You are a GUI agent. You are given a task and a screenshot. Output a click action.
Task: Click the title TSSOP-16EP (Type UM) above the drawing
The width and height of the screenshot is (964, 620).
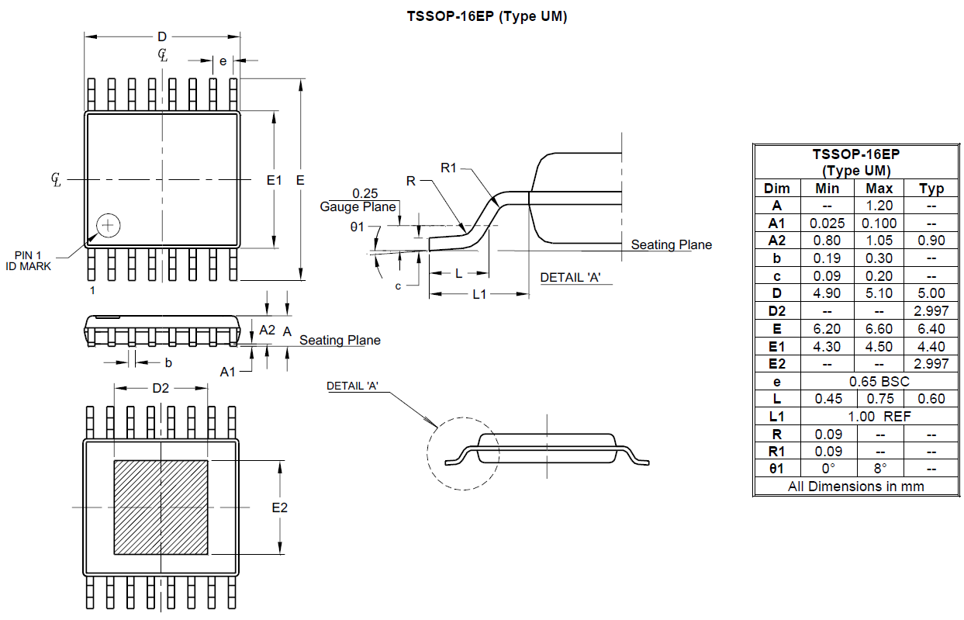pyautogui.click(x=486, y=16)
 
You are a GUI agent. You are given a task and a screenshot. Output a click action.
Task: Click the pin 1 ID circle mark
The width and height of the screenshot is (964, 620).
pyautogui.click(x=108, y=225)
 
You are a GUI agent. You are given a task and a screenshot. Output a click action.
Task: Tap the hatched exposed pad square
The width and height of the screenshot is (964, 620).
pyautogui.click(x=161, y=507)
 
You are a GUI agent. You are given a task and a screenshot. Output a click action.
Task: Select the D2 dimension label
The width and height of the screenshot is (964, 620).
pyautogui.click(x=160, y=388)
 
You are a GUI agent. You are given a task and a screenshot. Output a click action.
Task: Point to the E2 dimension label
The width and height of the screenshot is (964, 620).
pyautogui.click(x=279, y=507)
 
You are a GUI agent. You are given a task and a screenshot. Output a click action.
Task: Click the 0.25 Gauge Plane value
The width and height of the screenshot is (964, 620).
pyautogui.click(x=365, y=192)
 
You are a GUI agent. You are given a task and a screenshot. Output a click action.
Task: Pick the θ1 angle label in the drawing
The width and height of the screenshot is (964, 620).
pyautogui.click(x=357, y=227)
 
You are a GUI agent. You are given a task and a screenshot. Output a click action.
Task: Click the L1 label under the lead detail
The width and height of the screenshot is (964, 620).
pyautogui.click(x=479, y=294)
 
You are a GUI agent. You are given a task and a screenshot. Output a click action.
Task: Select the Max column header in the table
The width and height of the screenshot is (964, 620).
pyautogui.click(x=879, y=188)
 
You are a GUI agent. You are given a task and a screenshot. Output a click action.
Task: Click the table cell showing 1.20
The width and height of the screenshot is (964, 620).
pyautogui.click(x=879, y=206)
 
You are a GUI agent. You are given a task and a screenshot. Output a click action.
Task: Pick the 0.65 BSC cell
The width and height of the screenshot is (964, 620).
pyautogui.click(x=879, y=381)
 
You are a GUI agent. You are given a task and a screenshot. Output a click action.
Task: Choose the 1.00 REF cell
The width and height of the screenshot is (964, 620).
pyautogui.click(x=879, y=417)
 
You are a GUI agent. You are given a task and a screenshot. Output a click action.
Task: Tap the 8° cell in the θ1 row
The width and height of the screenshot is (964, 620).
pyautogui.click(x=879, y=469)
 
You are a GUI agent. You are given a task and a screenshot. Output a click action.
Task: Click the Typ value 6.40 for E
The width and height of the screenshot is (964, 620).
pyautogui.click(x=931, y=328)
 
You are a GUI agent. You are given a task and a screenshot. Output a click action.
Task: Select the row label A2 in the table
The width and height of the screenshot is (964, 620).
pyautogui.click(x=776, y=241)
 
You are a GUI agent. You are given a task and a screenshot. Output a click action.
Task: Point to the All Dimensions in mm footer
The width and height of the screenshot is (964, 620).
pyautogui.click(x=855, y=487)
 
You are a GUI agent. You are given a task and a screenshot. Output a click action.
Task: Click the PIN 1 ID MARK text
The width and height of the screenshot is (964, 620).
pyautogui.click(x=33, y=261)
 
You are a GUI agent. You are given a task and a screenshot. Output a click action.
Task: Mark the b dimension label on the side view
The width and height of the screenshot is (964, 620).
pyautogui.click(x=168, y=362)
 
